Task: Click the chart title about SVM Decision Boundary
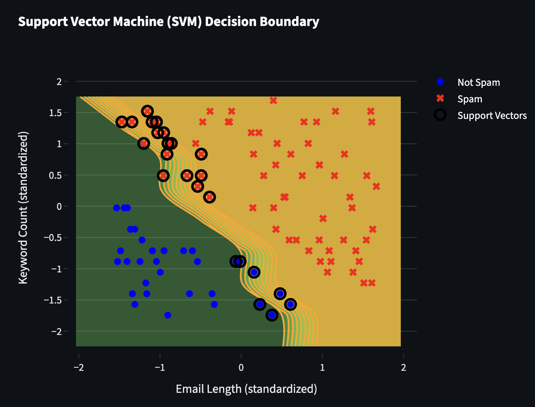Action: click(169, 22)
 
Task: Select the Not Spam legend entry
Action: click(478, 82)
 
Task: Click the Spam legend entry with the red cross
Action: click(469, 99)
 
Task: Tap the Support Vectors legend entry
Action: click(492, 115)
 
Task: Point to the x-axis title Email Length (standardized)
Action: click(246, 389)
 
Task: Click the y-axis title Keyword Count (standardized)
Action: click(23, 208)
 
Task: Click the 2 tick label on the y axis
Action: click(59, 82)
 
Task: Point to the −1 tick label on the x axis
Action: click(160, 368)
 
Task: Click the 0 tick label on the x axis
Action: click(241, 368)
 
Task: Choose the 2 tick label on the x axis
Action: click(404, 368)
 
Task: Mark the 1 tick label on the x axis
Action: click(322, 368)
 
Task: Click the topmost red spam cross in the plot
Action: click(273, 100)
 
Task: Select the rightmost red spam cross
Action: click(376, 186)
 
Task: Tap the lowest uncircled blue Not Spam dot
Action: click(168, 315)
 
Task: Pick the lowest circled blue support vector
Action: click(272, 315)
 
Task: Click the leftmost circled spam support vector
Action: click(122, 122)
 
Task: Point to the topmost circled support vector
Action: click(148, 111)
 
